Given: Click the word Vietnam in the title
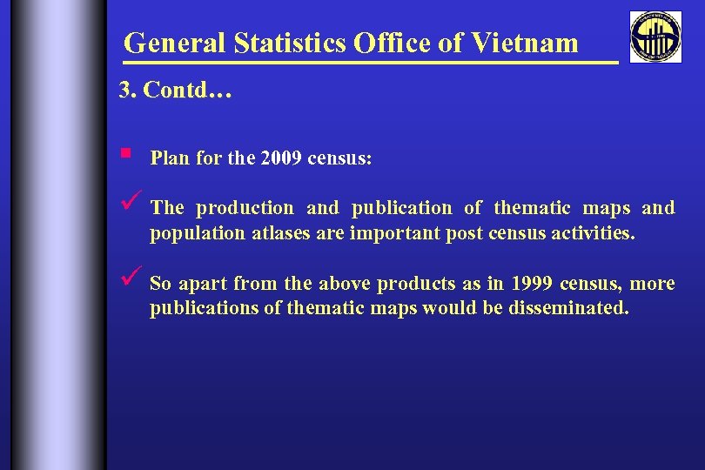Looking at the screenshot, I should coord(525,43).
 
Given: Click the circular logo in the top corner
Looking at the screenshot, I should coord(656,37).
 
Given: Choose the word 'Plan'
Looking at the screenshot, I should coord(168,159).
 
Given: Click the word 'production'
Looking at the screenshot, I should coord(245,208).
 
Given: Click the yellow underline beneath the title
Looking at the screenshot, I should coord(370,63).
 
